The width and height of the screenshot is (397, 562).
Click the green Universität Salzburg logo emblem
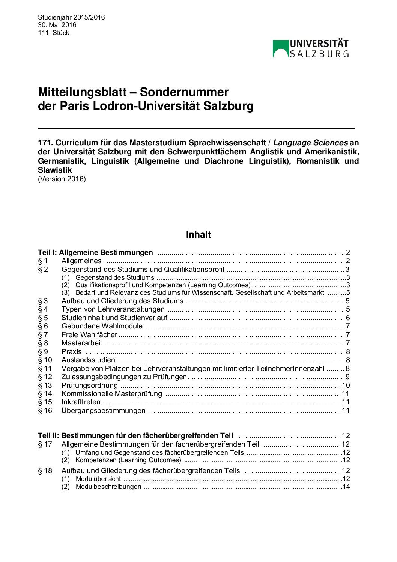click(x=280, y=49)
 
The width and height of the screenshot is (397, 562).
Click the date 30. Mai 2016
click(x=57, y=25)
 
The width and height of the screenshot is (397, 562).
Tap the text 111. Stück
click(x=54, y=33)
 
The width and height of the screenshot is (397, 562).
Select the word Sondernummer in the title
click(x=184, y=92)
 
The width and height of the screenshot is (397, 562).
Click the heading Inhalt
click(x=198, y=235)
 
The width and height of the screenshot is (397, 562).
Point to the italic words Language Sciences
click(x=310, y=143)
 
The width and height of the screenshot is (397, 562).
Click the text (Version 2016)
click(x=62, y=179)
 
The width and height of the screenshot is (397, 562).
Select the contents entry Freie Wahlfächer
click(x=89, y=334)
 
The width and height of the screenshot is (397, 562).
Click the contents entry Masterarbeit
click(x=82, y=343)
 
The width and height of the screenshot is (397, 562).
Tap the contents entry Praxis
click(x=71, y=351)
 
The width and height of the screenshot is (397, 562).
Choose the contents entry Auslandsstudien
click(x=88, y=360)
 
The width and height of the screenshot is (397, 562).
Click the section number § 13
click(x=45, y=385)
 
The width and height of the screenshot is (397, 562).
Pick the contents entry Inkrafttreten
click(x=81, y=402)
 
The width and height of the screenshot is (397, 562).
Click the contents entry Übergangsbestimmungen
click(x=103, y=410)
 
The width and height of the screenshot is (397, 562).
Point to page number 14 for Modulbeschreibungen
click(x=346, y=487)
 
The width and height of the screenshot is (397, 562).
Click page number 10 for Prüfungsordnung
click(x=346, y=385)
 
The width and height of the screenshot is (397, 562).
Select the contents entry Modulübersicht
click(x=98, y=479)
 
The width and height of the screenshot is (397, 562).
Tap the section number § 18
click(x=45, y=470)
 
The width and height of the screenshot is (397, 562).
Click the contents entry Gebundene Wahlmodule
click(x=102, y=326)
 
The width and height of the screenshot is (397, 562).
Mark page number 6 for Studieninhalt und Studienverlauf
click(x=348, y=318)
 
